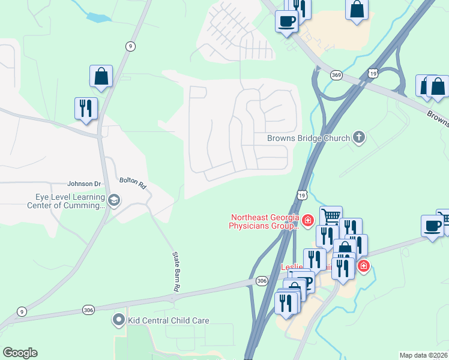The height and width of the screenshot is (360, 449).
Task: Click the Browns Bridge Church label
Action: point(309,138)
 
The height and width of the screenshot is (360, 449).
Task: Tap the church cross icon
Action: point(359,138)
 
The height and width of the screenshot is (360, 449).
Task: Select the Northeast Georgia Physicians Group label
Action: point(264,222)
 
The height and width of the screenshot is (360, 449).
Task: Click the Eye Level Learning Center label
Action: point(66,201)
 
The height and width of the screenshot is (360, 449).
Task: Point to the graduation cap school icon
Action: point(114,199)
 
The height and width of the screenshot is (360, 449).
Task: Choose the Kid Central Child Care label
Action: point(168,320)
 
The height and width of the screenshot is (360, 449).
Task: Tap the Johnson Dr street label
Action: point(84,184)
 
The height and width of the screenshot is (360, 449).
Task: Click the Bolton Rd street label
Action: point(133,182)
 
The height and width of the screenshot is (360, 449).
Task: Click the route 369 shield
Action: point(336,75)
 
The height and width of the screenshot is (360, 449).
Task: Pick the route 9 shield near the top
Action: point(130,46)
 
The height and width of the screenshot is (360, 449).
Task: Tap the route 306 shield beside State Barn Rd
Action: point(89,310)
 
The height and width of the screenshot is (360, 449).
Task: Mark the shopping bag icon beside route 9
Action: point(101,77)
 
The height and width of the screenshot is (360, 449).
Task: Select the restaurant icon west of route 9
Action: point(85,109)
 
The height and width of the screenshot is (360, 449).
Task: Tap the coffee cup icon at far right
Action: point(432,226)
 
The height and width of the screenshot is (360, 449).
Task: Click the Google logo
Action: point(20,353)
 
